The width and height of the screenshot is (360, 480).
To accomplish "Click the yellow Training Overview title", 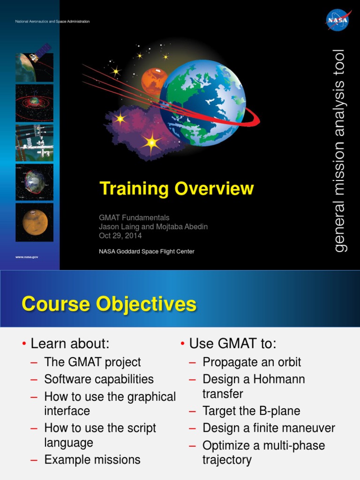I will point(177,189).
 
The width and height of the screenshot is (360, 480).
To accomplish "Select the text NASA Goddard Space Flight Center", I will point(146,252).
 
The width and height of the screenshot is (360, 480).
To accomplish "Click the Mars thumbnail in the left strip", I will point(35,222).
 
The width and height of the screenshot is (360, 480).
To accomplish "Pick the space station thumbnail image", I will point(35,143).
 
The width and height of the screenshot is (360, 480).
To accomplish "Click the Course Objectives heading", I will point(109,304).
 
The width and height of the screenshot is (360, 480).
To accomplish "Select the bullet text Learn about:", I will point(70,344).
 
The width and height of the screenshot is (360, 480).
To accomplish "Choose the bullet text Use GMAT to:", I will point(232,344).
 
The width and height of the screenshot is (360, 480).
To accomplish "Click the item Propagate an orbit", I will point(252,362).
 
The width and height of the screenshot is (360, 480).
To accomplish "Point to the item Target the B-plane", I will point(251,411).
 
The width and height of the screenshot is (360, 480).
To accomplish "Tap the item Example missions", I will point(92,460).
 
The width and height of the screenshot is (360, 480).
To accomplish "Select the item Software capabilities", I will point(99,379).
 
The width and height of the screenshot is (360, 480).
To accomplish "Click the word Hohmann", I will point(280,379).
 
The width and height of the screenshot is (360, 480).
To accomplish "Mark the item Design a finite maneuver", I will point(269,428).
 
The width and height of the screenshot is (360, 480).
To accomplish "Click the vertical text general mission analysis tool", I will point(339,150).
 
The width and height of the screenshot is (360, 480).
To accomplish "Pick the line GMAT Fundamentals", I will point(134,218).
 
